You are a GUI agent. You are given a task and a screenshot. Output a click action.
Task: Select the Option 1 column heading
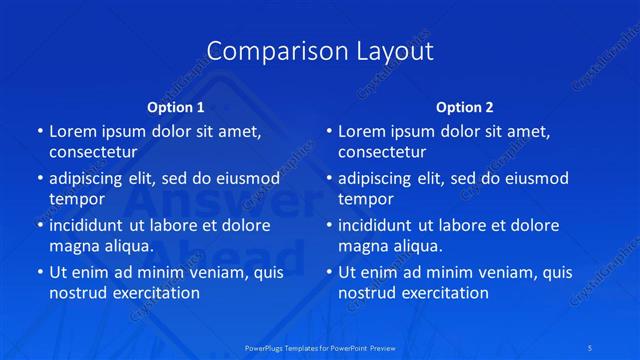click(x=176, y=107)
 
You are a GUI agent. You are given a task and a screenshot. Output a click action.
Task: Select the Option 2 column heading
click(x=465, y=107)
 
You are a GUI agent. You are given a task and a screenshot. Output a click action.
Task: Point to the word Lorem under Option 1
click(x=73, y=131)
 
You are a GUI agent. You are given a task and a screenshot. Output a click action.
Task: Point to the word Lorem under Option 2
click(x=362, y=131)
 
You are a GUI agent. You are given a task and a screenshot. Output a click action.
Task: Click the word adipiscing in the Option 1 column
click(x=92, y=179)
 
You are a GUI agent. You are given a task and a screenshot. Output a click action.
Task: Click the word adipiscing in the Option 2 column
click(x=381, y=179)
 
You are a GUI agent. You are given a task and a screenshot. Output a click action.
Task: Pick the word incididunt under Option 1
click(x=91, y=225)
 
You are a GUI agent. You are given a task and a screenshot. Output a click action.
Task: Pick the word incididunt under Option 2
click(x=380, y=225)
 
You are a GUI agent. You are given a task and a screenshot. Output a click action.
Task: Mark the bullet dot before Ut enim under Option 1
click(x=39, y=272)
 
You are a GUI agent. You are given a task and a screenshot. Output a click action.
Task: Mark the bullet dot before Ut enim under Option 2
click(x=328, y=272)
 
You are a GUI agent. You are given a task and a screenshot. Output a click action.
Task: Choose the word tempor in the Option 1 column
click(x=77, y=199)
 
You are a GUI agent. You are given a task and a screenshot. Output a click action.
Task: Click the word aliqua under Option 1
click(x=128, y=245)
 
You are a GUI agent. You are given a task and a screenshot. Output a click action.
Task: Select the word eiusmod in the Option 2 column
click(x=535, y=179)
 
